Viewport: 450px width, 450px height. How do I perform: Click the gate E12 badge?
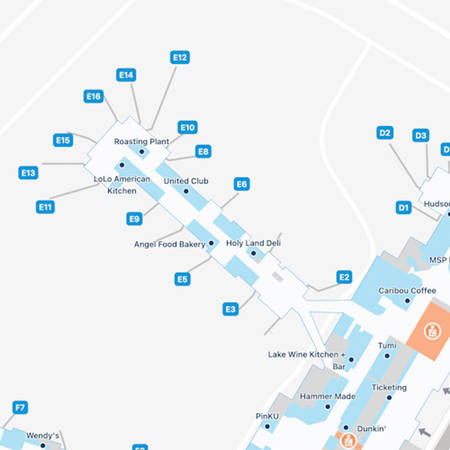(x=180, y=58)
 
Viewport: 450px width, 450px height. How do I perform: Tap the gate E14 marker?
(x=126, y=75)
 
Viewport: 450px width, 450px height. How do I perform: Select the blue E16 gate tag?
(x=94, y=96)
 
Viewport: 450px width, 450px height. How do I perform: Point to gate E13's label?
(x=28, y=173)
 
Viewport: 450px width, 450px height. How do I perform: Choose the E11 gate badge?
(x=45, y=207)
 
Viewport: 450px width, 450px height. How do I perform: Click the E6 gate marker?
(x=241, y=184)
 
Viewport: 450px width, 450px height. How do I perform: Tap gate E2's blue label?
(x=344, y=277)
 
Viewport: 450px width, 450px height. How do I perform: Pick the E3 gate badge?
(x=230, y=309)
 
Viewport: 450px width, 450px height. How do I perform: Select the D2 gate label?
(x=385, y=132)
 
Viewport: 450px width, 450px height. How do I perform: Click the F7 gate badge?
(x=20, y=407)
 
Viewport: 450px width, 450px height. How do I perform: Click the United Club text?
(x=185, y=181)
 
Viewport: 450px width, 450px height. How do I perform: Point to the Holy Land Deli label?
(x=253, y=243)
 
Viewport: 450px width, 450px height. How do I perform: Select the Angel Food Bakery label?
(x=169, y=244)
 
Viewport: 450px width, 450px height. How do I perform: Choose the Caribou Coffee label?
(x=407, y=291)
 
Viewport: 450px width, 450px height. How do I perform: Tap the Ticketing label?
(x=389, y=387)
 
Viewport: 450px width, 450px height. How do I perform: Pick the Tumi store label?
(x=387, y=345)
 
